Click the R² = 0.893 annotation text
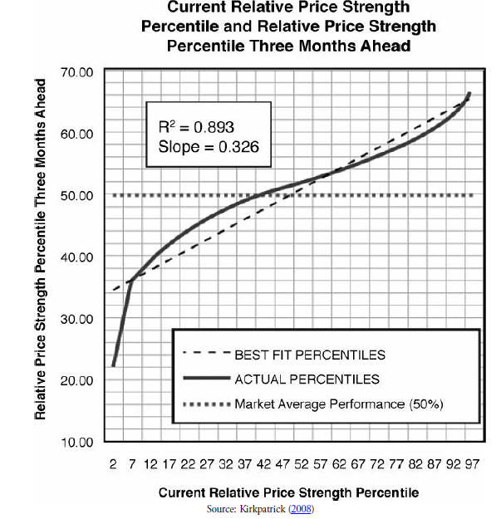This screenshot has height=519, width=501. [195, 128]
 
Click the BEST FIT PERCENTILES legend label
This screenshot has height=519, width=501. [310, 355]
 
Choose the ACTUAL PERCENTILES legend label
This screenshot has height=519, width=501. [307, 379]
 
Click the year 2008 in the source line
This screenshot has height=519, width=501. [301, 508]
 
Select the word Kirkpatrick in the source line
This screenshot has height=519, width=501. [258, 508]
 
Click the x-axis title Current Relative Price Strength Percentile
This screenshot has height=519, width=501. [288, 492]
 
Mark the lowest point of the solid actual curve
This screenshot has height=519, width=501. [114, 365]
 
